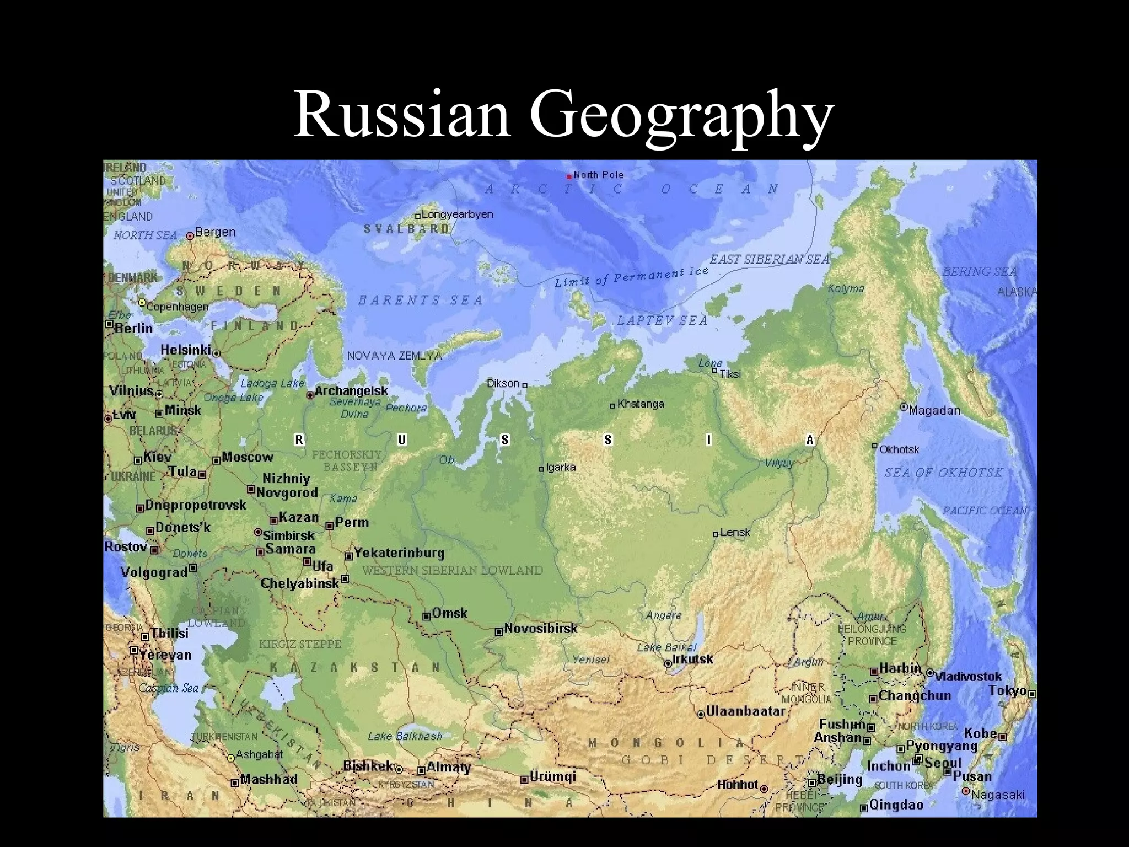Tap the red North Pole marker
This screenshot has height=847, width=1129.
(569, 177)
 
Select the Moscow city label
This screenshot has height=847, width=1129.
(247, 457)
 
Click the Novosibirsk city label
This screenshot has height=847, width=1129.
(540, 628)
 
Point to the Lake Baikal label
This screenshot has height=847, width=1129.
(667, 647)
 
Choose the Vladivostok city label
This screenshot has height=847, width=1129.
(968, 676)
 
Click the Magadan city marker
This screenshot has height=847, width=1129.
(903, 406)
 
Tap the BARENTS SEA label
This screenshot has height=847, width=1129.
(421, 301)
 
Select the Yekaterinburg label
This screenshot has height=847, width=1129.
(399, 553)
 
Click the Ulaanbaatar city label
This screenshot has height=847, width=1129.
(745, 711)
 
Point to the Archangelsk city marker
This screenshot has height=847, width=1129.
(310, 394)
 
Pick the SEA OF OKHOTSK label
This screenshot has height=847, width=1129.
(943, 473)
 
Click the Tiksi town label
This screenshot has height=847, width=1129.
(730, 374)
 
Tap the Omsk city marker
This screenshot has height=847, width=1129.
(427, 616)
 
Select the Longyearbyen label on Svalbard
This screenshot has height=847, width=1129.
(457, 214)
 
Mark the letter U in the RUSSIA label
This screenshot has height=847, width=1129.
(402, 439)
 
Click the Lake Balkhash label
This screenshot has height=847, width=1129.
(405, 736)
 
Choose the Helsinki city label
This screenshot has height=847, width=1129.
(186, 350)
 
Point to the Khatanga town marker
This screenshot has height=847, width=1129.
(612, 406)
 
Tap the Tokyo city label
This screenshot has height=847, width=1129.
(1007, 690)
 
